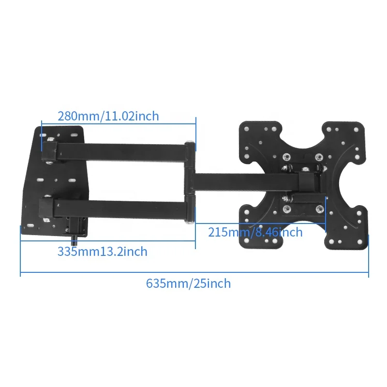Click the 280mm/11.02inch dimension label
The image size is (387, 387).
[108, 116]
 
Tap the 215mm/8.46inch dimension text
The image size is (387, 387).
[255, 232]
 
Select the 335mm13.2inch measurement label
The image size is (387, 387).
[103, 252]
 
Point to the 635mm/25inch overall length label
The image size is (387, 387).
[188, 283]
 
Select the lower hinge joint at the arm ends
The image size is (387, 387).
[190, 209]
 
